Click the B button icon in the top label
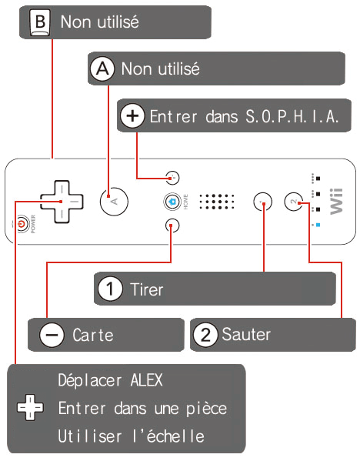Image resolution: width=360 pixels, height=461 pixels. pyautogui.click(x=40, y=22)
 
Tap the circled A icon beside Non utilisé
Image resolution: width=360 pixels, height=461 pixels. pyautogui.click(x=102, y=68)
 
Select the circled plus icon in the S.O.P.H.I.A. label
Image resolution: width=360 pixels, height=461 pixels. pyautogui.click(x=132, y=116)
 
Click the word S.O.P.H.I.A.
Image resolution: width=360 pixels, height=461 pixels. pyautogui.click(x=292, y=116)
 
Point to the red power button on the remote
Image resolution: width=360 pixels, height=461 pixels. pyautogui.click(x=22, y=224)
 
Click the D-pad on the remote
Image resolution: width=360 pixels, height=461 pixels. pyautogui.click(x=62, y=202)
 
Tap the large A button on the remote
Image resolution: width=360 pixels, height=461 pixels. pyautogui.click(x=114, y=202)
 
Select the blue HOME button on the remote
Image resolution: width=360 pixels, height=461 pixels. pyautogui.click(x=172, y=202)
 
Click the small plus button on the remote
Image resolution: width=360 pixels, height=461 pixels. pyautogui.click(x=172, y=178)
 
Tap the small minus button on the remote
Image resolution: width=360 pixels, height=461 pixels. pyautogui.click(x=172, y=225)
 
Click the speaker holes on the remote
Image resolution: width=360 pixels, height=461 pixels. pyautogui.click(x=217, y=202)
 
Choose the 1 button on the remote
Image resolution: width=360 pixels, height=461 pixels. pyautogui.click(x=263, y=202)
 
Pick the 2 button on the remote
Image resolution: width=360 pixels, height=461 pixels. pyautogui.click(x=294, y=202)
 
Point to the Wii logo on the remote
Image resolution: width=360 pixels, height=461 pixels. pyautogui.click(x=336, y=202)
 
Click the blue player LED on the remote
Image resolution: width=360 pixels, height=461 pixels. pyautogui.click(x=318, y=225)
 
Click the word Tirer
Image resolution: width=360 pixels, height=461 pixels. pyautogui.click(x=147, y=289)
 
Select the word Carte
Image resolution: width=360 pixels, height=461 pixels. pyautogui.click(x=93, y=335)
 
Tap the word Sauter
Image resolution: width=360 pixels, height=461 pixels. pyautogui.click(x=246, y=334)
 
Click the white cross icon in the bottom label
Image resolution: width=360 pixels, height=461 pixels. pyautogui.click(x=30, y=407)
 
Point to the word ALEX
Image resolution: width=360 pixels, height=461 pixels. pyautogui.click(x=146, y=380)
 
